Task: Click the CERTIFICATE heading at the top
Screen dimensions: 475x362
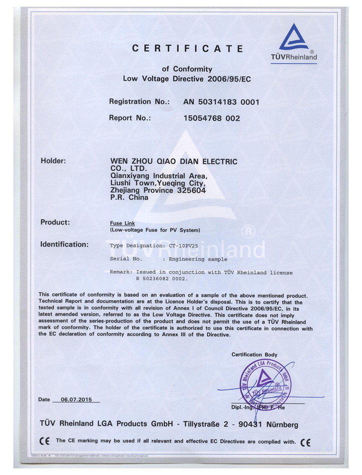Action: (x=187, y=48)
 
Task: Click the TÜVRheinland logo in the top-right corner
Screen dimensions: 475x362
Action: (x=294, y=43)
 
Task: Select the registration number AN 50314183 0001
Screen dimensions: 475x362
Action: (x=221, y=102)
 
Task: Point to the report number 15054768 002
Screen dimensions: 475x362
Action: (x=212, y=118)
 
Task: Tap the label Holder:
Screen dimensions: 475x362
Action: (x=53, y=161)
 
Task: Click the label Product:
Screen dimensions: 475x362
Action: (x=55, y=222)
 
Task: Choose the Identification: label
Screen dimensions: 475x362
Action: (x=64, y=245)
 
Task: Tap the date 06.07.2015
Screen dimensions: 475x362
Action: (x=76, y=399)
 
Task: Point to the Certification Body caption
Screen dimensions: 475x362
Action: (x=254, y=355)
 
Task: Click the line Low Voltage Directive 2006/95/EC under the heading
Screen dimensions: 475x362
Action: (x=187, y=79)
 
